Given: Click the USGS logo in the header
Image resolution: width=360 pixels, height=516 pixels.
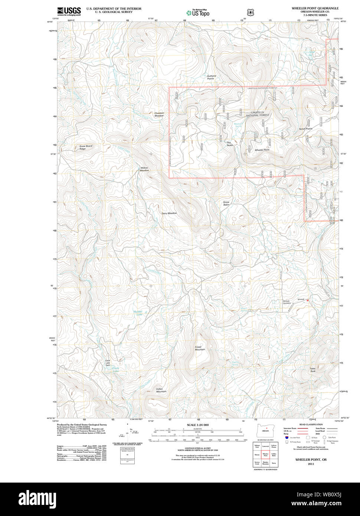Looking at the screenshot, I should coord(69,11).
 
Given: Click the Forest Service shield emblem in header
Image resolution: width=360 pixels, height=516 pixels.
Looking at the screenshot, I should coord(251,12).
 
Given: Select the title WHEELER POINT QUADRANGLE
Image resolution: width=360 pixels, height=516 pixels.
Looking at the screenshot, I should coord(315,8).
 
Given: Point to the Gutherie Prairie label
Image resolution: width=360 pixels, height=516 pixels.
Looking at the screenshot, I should coord(211,77).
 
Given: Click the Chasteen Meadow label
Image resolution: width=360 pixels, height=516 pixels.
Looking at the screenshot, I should coord(159,114).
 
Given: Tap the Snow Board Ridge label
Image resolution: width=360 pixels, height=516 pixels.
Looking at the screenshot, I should coord(85,147).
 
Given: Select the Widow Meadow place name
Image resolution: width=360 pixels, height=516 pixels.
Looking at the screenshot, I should coord(144,169).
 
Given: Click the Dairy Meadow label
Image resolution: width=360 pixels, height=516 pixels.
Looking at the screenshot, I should coord(169,213).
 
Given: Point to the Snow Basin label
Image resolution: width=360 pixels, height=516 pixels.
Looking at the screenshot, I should coord(226,203).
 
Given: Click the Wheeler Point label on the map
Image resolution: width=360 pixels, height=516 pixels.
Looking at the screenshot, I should coord(262,150).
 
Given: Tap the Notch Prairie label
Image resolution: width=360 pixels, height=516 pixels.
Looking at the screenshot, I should coord(305,129).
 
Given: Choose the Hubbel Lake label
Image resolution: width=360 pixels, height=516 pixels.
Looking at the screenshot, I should coord(138,313).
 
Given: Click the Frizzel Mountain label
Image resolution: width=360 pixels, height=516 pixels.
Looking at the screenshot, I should coord(200,348).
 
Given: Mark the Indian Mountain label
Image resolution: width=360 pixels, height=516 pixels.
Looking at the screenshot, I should coord(161,390).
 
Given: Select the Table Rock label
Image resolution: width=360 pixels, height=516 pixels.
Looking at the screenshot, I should coord(312,370).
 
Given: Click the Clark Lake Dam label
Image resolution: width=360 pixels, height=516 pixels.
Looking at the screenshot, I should coord(108,363).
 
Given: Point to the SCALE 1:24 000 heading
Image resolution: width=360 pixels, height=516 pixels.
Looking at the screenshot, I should coord(197,425).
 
